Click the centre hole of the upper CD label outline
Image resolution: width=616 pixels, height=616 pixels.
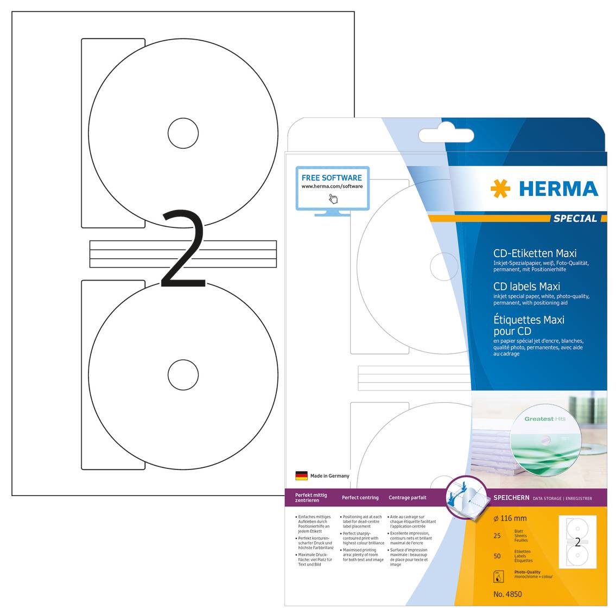point(183,133)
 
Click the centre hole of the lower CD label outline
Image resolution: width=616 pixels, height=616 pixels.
point(183,374)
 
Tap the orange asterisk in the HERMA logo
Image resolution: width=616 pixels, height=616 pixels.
point(500,189)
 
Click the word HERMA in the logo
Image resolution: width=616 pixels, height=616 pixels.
point(558,189)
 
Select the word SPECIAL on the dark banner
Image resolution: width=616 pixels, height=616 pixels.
point(575,218)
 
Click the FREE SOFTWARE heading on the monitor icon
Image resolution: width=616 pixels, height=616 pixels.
point(332,177)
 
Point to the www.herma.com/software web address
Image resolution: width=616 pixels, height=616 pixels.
point(332,186)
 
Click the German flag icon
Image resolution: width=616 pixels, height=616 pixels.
point(301,475)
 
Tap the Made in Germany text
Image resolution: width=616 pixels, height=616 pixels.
point(330,476)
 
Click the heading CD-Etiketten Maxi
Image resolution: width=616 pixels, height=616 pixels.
point(535,253)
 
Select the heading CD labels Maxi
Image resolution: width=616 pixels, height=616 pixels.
point(526,287)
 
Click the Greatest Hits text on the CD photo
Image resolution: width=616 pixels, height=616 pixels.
point(545,419)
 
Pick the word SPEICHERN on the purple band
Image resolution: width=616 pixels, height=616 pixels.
point(511,498)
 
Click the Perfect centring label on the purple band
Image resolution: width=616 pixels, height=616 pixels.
point(360,498)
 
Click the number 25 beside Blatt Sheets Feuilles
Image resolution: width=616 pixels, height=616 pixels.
point(497,536)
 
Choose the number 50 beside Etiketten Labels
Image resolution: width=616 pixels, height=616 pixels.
point(497,556)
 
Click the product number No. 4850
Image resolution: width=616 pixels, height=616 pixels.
point(507,594)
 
